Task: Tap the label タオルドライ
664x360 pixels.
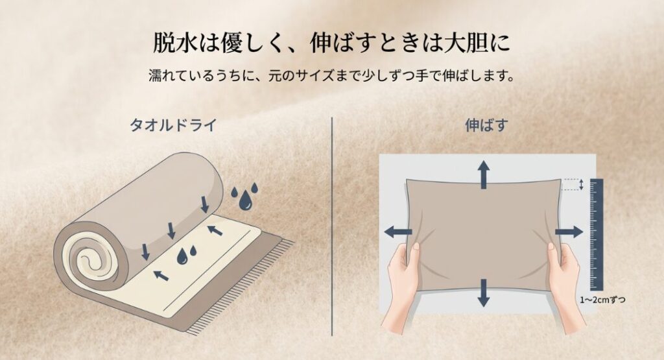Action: tap(172, 125)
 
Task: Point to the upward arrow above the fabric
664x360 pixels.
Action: tap(484, 174)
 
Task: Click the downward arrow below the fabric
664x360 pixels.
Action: tap(484, 292)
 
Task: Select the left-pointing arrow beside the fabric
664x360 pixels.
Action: tap(397, 232)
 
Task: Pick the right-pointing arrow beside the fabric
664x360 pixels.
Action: tap(569, 232)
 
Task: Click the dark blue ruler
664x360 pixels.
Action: tap(596, 234)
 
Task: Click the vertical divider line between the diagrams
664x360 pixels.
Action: tap(332, 227)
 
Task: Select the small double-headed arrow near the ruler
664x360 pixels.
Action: tap(581, 185)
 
